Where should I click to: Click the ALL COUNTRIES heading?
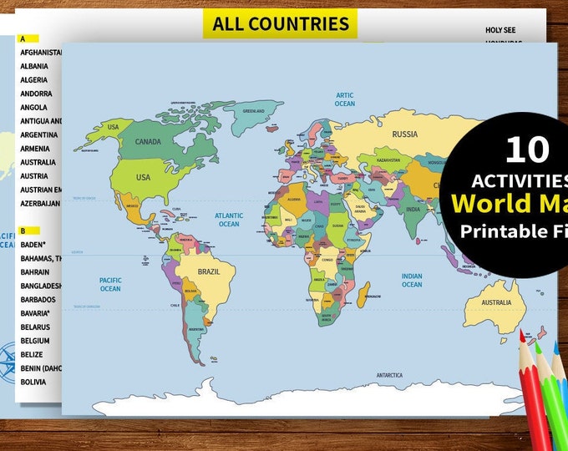pyautogui.click(x=280, y=23)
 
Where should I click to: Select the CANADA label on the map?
pyautogui.click(x=147, y=141)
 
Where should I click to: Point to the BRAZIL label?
pyautogui.click(x=208, y=271)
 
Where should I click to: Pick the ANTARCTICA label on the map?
pyautogui.click(x=394, y=375)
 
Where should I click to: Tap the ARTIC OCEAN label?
pyautogui.click(x=345, y=99)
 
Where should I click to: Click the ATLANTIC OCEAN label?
pyautogui.click(x=229, y=220)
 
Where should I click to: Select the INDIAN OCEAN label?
pyautogui.click(x=412, y=281)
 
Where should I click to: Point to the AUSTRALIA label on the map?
pyautogui.click(x=495, y=302)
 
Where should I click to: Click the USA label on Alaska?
pyautogui.click(x=114, y=126)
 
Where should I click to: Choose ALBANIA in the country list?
pyautogui.click(x=34, y=66)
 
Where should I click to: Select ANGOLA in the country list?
pyautogui.click(x=33, y=107)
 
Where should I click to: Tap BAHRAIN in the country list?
pyautogui.click(x=35, y=271)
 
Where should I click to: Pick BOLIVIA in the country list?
pyautogui.click(x=34, y=381)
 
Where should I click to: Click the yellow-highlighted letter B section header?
pyautogui.click(x=23, y=230)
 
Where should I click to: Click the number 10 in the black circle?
pyautogui.click(x=527, y=149)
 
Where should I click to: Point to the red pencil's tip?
pyautogui.click(x=522, y=334)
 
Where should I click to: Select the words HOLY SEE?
pyautogui.click(x=500, y=30)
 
